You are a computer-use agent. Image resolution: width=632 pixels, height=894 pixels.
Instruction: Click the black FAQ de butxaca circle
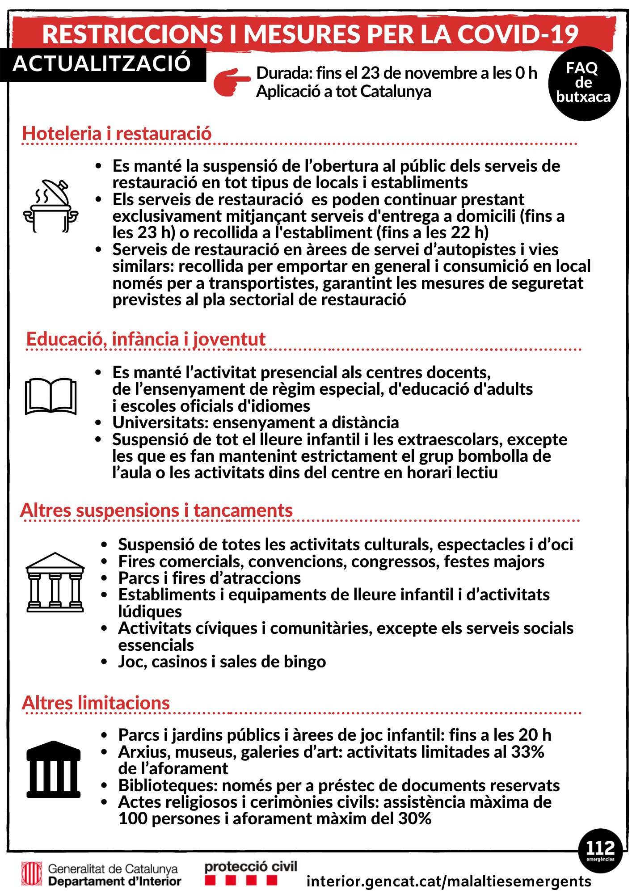(x=584, y=84)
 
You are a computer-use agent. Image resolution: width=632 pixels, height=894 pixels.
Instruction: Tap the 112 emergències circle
(x=600, y=850)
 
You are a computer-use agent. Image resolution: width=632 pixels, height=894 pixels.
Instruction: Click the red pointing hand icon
(x=231, y=82)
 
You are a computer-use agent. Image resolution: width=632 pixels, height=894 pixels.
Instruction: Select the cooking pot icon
(x=51, y=206)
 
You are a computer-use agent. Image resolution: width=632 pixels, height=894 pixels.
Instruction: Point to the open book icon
(x=51, y=396)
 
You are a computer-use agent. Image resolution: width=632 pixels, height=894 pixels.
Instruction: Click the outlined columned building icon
(x=55, y=582)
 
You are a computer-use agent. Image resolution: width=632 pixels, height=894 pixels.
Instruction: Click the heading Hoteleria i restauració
(x=117, y=133)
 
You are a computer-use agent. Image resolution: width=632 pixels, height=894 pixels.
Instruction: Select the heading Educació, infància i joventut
(x=146, y=339)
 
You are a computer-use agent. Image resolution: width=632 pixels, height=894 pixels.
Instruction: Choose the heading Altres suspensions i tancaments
(x=156, y=510)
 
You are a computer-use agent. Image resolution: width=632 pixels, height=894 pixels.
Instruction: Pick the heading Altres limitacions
(x=96, y=703)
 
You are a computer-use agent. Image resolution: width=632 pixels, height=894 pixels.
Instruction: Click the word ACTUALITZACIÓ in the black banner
(x=102, y=63)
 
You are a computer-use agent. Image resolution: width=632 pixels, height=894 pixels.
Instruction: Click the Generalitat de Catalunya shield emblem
(x=32, y=874)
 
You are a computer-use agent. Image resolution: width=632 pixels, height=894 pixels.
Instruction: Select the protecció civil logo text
(x=250, y=867)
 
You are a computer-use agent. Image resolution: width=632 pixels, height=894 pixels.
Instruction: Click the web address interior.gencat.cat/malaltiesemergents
(x=449, y=881)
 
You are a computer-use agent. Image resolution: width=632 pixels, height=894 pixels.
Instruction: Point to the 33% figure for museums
(x=527, y=752)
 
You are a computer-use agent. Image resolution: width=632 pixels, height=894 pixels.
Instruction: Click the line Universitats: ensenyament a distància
(x=255, y=422)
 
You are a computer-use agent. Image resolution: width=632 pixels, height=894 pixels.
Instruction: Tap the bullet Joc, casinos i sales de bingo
(x=222, y=662)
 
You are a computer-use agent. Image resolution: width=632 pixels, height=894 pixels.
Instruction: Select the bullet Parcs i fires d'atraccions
(x=209, y=578)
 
